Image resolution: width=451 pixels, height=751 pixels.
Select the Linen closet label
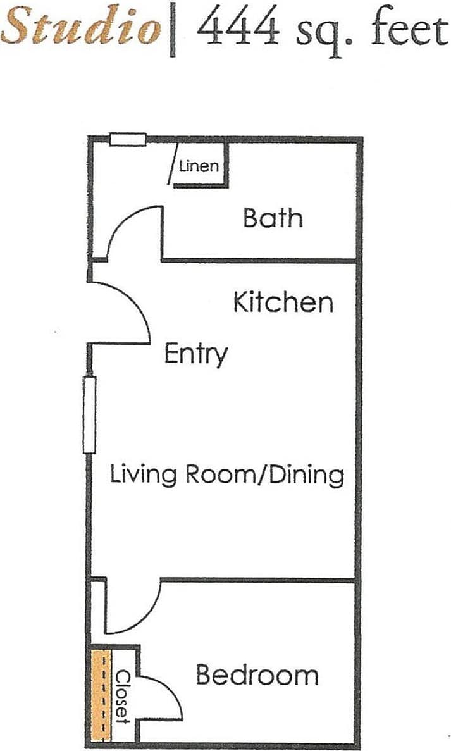pos(199,167)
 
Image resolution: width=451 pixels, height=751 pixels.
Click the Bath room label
pos(273,218)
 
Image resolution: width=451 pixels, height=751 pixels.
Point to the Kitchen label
pos(283,302)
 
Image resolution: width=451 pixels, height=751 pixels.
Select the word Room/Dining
pos(265,475)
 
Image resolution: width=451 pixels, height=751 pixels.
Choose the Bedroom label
pos(257,675)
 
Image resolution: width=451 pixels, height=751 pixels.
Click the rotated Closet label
pos(123,697)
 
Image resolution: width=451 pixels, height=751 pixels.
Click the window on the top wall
pos(128,139)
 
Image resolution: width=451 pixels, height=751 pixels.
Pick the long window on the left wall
pos(90,414)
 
